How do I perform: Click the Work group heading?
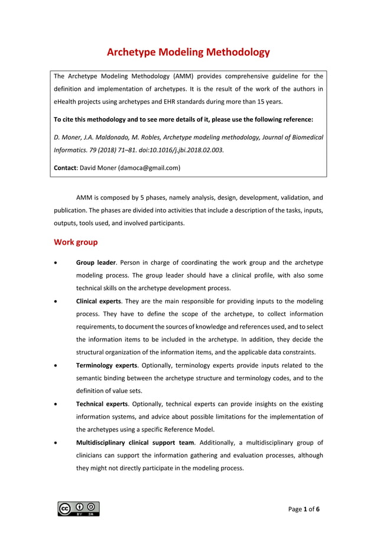coord(76,242)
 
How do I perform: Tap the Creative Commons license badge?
coord(79,508)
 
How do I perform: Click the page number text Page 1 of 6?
coord(305,509)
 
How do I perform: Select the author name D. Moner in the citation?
coord(69,136)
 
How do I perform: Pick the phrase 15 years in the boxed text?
coord(265,102)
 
